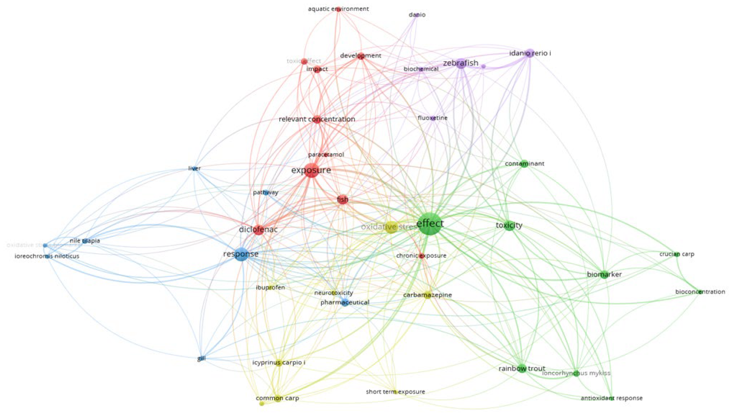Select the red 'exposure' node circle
coord(311,170)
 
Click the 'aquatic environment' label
coord(338,9)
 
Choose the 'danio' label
coord(417,15)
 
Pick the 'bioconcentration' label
coord(700,292)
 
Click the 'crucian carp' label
coord(677,254)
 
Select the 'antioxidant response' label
coord(611,398)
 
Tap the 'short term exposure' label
coord(395,392)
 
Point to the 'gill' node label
coord(201,359)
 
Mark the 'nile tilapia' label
coord(85,241)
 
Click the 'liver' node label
coord(194,168)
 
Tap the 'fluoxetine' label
coord(433,118)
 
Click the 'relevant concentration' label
coord(317,119)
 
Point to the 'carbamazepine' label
coord(427,295)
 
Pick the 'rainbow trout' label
coord(522,369)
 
